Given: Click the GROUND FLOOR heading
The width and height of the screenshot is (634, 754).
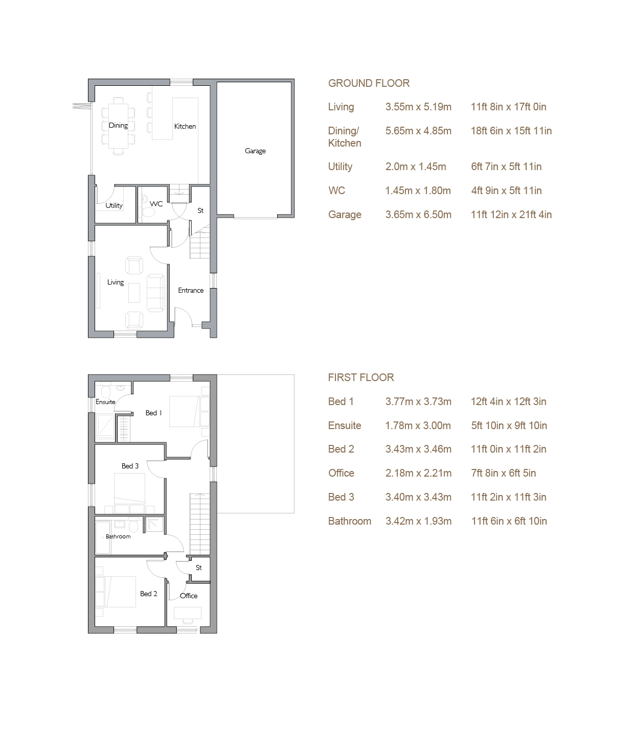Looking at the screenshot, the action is (369, 83).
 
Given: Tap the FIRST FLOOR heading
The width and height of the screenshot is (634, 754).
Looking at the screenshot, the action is (361, 378).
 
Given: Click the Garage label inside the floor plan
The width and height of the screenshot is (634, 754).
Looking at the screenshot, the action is (255, 151).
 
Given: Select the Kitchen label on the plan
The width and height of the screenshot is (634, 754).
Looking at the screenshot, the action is (185, 126).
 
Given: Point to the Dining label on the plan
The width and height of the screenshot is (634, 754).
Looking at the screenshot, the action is (118, 125).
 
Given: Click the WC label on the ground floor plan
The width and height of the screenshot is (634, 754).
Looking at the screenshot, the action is (156, 204).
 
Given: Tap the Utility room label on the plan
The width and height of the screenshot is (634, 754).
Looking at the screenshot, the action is (114, 205).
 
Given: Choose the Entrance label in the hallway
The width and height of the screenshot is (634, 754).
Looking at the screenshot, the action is (191, 290).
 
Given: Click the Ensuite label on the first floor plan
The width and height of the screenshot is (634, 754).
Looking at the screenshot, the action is (105, 402).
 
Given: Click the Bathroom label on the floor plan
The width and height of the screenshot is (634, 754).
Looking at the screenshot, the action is (118, 536).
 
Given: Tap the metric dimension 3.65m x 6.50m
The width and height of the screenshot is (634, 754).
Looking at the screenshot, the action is (418, 215).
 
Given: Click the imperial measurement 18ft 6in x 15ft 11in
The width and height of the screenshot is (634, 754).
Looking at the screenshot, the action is (511, 131).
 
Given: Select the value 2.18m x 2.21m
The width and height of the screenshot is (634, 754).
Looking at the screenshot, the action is (418, 473).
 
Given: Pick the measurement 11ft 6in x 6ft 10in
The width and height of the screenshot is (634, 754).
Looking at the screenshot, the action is (509, 521).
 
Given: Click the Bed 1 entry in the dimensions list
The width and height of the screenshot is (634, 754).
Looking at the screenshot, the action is (341, 402).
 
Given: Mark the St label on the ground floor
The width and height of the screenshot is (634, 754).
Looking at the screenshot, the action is (200, 210).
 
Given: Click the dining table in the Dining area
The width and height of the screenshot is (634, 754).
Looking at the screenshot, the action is (118, 126).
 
